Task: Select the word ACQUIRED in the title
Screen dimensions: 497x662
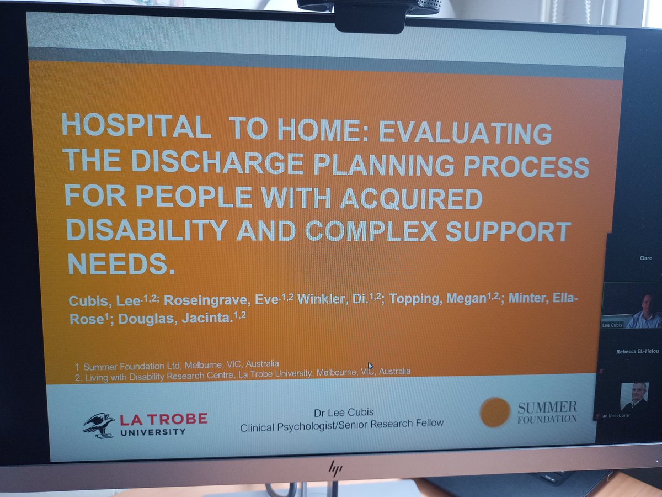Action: (x=410, y=198)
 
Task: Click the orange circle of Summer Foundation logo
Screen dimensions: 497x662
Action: (x=494, y=412)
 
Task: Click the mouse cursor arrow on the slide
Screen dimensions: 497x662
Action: (x=371, y=366)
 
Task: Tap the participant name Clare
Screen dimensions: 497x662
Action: (x=645, y=258)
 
